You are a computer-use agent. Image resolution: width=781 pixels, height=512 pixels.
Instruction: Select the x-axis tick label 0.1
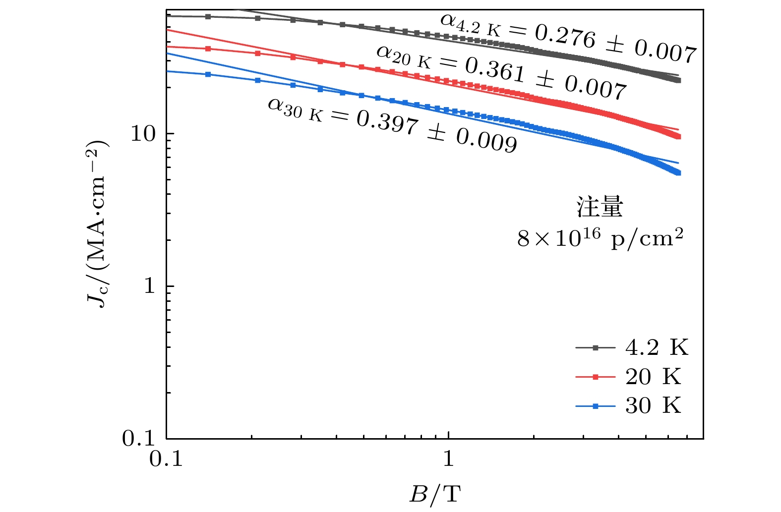[166, 459]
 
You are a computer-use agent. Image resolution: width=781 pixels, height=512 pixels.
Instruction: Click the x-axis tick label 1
[448, 459]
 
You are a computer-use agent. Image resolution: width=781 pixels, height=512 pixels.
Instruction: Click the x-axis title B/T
[435, 494]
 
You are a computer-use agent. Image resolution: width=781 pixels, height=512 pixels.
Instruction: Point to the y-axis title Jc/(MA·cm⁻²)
[98, 224]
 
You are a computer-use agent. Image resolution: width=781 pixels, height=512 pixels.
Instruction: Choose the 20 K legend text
[654, 377]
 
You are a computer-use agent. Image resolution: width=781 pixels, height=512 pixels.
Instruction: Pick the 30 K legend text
[654, 406]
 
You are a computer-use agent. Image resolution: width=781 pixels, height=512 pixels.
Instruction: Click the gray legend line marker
[596, 348]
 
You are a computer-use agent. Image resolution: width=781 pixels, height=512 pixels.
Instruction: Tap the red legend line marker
[596, 377]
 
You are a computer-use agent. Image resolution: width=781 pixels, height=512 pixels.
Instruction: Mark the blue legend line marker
[596, 406]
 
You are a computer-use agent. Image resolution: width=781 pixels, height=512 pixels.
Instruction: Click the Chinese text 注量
[600, 207]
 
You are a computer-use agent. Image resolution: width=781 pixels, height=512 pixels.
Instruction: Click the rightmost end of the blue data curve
[678, 173]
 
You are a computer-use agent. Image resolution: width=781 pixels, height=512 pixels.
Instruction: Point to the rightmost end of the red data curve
[678, 137]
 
